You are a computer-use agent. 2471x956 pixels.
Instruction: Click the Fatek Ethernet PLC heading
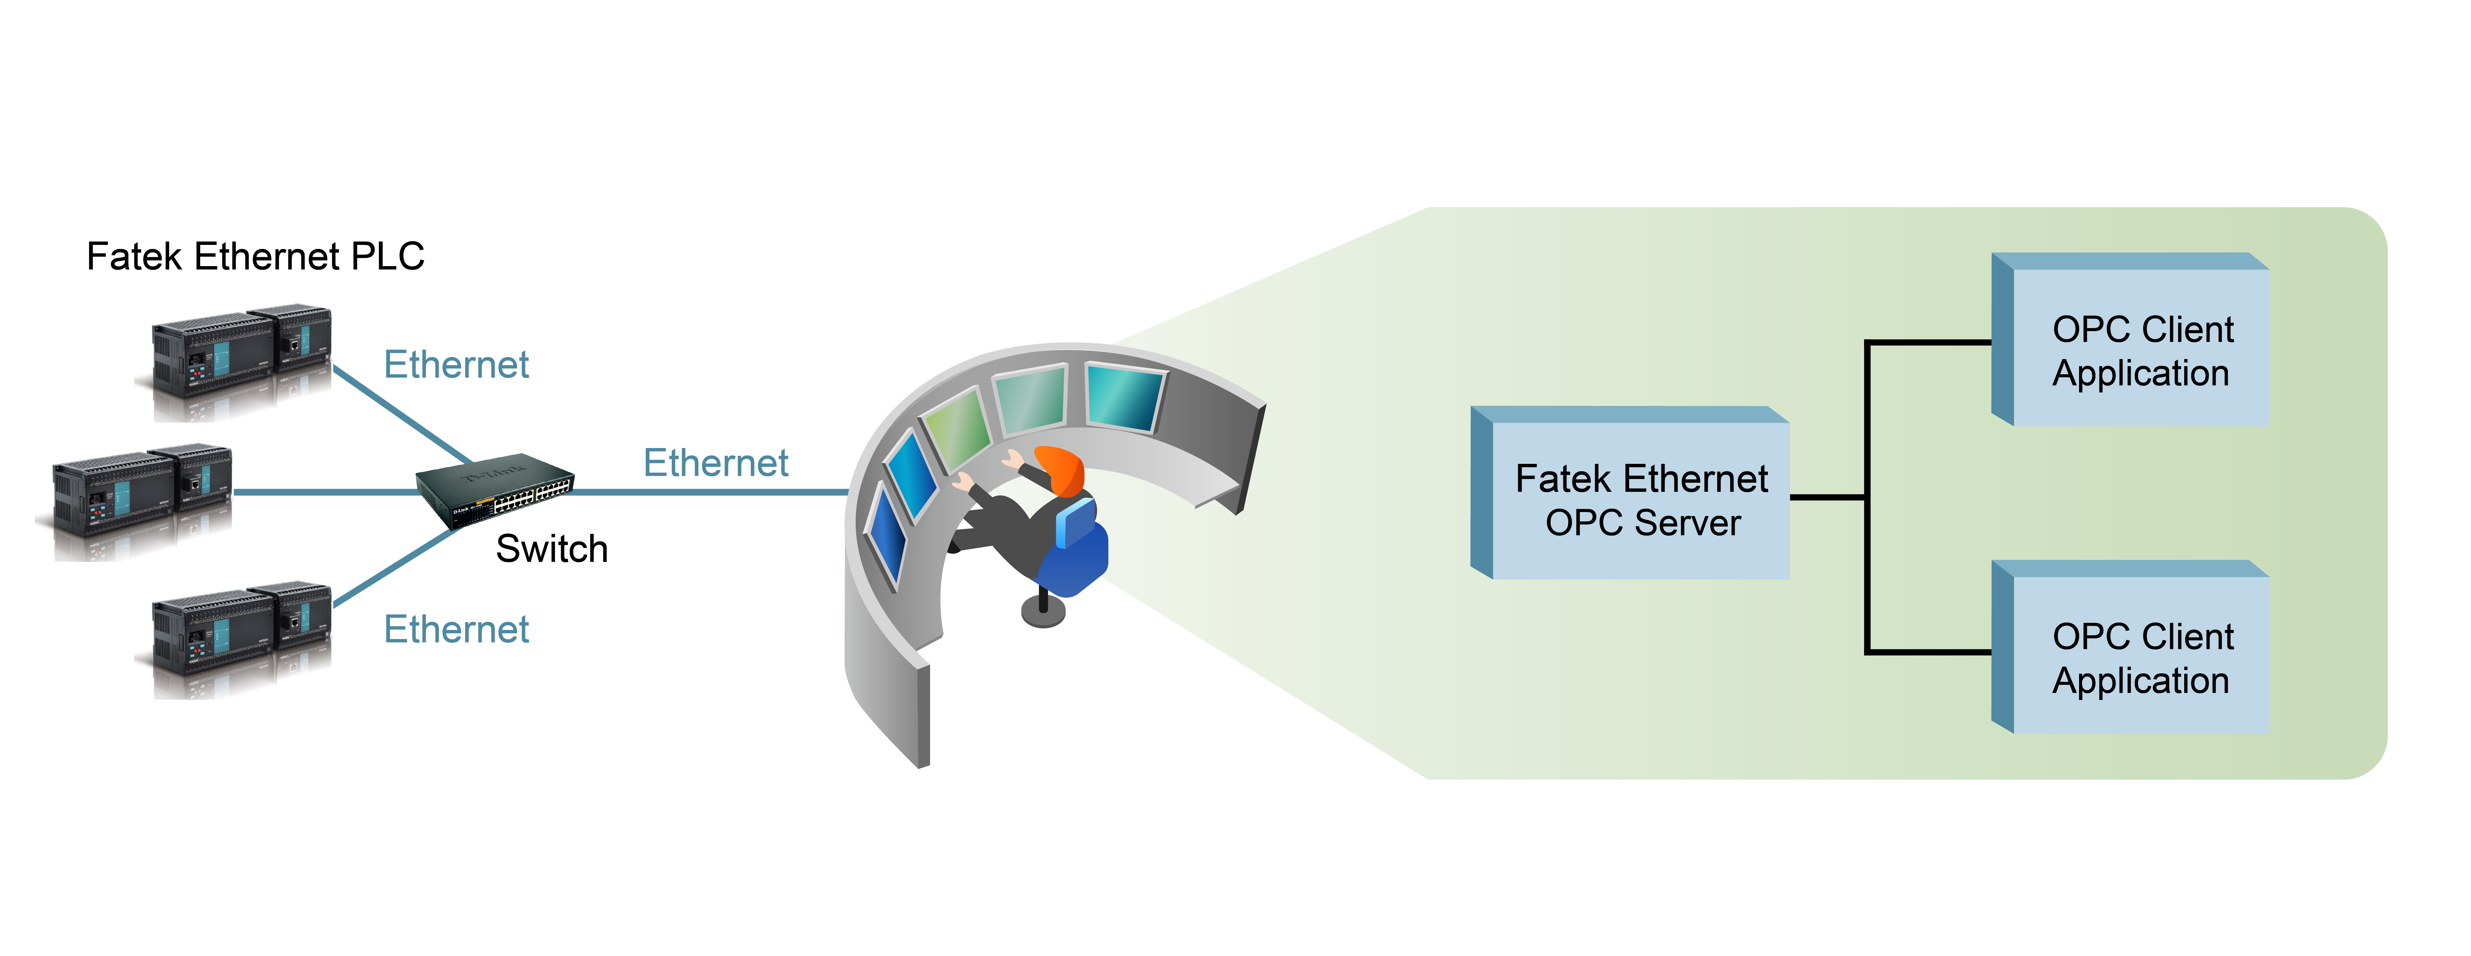click(255, 257)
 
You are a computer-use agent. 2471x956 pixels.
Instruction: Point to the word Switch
click(552, 549)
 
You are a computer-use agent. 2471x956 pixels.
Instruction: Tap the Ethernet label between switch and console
click(715, 463)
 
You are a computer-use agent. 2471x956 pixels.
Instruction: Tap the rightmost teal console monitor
click(1124, 396)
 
